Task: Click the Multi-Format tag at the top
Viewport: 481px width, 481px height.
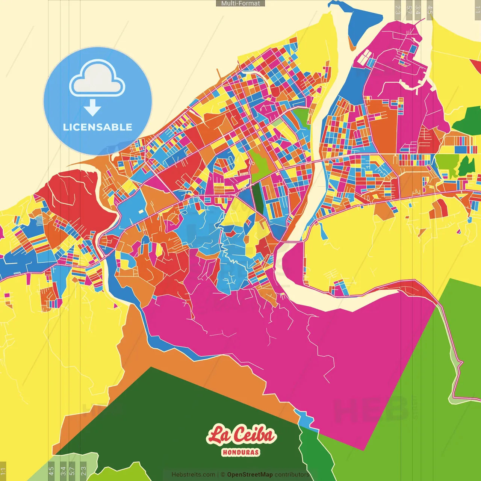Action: coord(240,3)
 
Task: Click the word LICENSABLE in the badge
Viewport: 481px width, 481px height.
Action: coord(97,127)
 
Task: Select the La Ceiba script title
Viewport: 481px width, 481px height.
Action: coord(241,435)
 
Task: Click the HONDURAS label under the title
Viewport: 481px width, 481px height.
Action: coord(240,452)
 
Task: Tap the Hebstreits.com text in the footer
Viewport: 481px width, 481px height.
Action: coord(193,475)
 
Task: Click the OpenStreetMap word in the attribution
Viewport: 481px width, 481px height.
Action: coord(250,475)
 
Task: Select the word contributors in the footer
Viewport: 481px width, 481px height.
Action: coord(292,475)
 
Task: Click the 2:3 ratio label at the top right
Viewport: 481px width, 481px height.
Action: coord(398,10)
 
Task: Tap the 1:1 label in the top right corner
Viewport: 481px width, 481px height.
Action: coord(477,10)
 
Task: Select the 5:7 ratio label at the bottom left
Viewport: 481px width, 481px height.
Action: coord(72,470)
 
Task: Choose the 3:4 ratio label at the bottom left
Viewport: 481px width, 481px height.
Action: coord(63,470)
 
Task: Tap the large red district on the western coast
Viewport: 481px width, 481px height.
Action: coord(75,195)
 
